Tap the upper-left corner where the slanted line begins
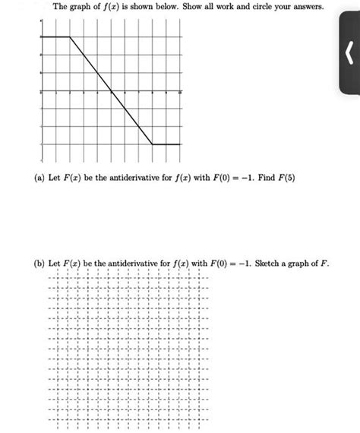[70, 36]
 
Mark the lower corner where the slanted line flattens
[153, 144]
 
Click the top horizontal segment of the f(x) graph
[55, 36]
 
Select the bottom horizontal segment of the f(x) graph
[167, 144]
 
